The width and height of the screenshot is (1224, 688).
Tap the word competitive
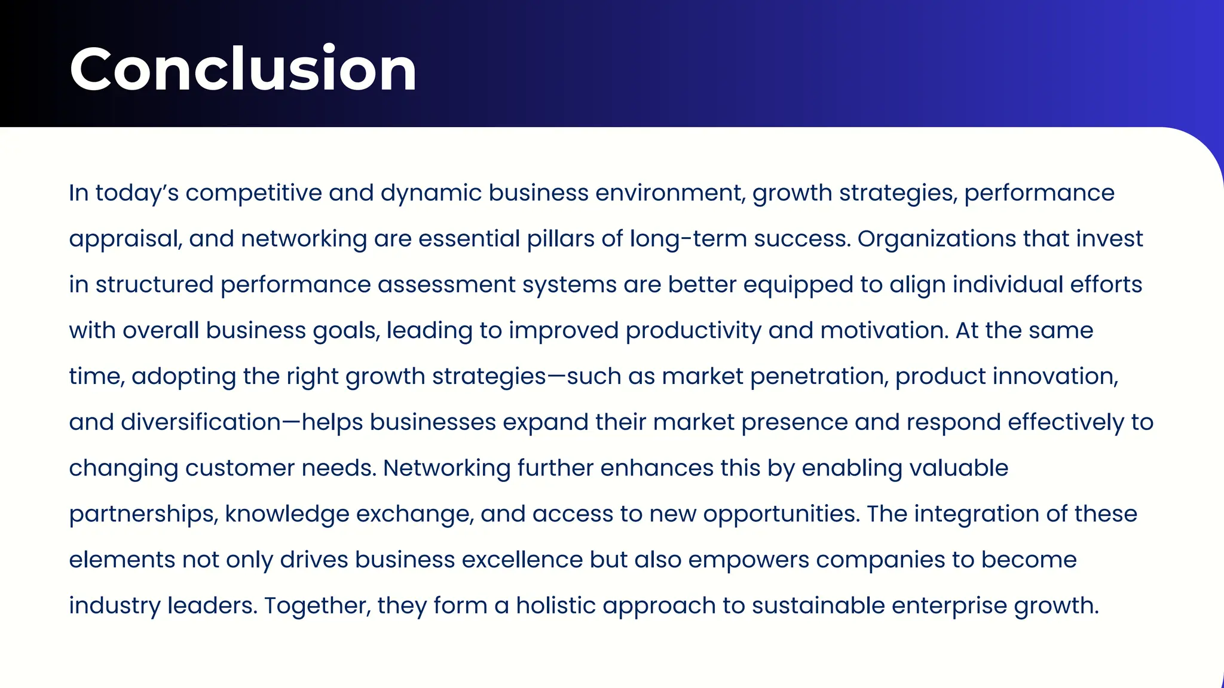click(x=253, y=193)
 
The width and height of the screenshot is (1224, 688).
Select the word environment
click(x=670, y=193)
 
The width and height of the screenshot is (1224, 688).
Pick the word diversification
click(x=201, y=422)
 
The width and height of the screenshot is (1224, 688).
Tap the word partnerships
click(x=143, y=514)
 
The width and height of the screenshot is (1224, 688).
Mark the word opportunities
click(x=781, y=514)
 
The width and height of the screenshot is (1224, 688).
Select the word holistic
click(x=556, y=606)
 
